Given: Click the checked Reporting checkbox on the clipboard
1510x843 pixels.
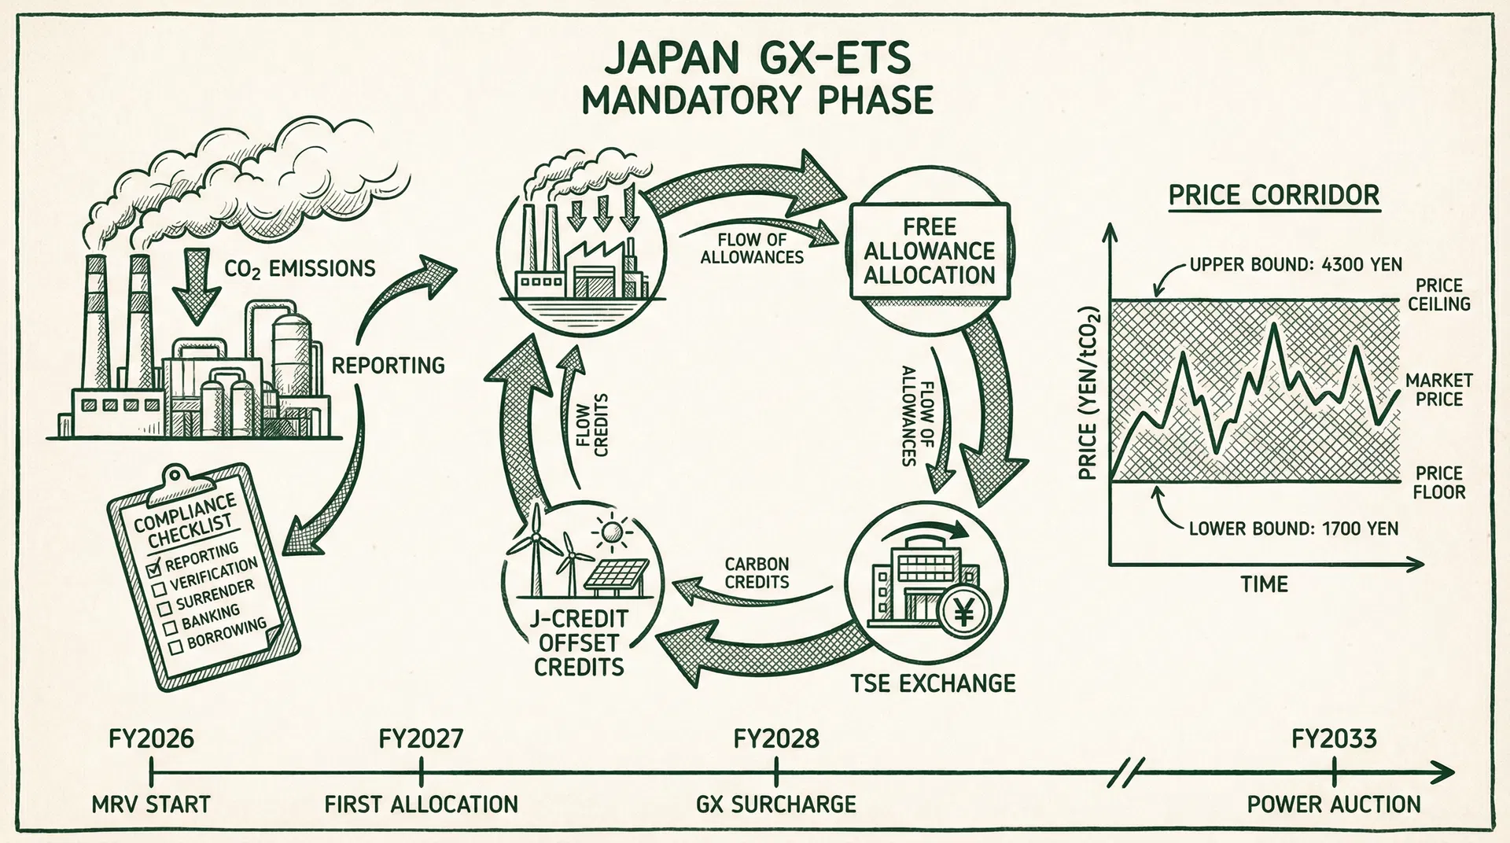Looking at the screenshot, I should coord(154,568).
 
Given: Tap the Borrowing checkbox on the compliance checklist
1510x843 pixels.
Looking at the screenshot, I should coord(176,646).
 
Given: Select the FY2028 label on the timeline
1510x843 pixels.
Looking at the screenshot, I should coord(776,739).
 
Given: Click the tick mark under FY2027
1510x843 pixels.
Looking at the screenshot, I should coord(422,772).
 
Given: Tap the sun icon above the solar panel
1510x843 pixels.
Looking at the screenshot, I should coord(612,534).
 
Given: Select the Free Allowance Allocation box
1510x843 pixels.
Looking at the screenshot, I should coord(930,251).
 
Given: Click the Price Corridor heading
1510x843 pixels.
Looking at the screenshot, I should coord(1274,195).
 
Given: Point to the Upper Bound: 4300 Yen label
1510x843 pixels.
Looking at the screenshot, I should coord(1295,264).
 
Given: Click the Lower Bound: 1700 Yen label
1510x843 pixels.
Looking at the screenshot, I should coord(1294,528).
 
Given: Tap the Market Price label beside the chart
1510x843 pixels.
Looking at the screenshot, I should coord(1439,390).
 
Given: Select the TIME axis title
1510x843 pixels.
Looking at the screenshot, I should coord(1265,584).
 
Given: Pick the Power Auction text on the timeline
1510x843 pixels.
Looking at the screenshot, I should coord(1334,804).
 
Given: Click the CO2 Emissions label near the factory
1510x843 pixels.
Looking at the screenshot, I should coord(300,269).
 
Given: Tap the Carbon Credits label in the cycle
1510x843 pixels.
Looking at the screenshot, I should coord(757,573).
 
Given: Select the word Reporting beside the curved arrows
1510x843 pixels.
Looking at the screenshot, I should coord(389,366).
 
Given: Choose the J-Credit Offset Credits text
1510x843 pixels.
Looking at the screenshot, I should coord(579,642).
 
